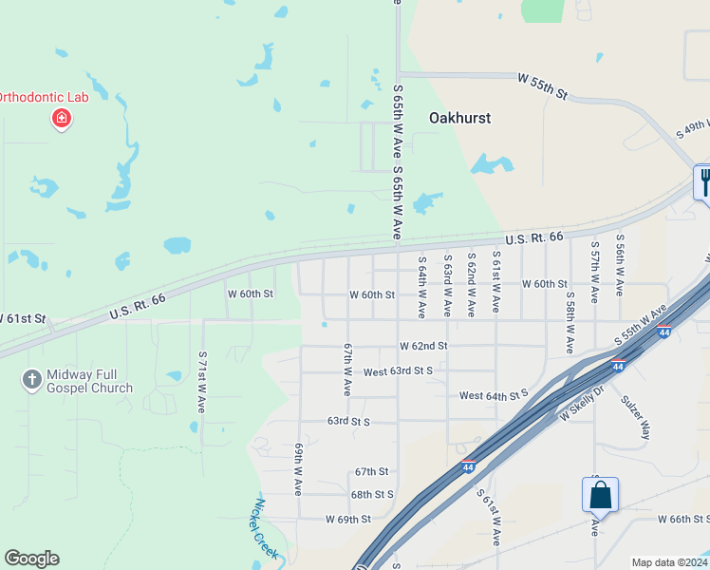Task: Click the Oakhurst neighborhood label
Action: tap(459, 118)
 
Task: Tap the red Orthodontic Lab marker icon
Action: tap(61, 119)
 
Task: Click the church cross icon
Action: tap(31, 380)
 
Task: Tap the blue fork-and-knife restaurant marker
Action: tap(703, 180)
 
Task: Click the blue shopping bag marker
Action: tap(600, 495)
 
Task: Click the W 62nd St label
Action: tap(422, 346)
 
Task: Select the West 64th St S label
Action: tap(493, 394)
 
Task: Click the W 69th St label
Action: tap(347, 520)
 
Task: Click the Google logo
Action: tap(31, 559)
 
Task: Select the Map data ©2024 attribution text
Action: tap(668, 562)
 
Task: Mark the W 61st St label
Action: tap(23, 317)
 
